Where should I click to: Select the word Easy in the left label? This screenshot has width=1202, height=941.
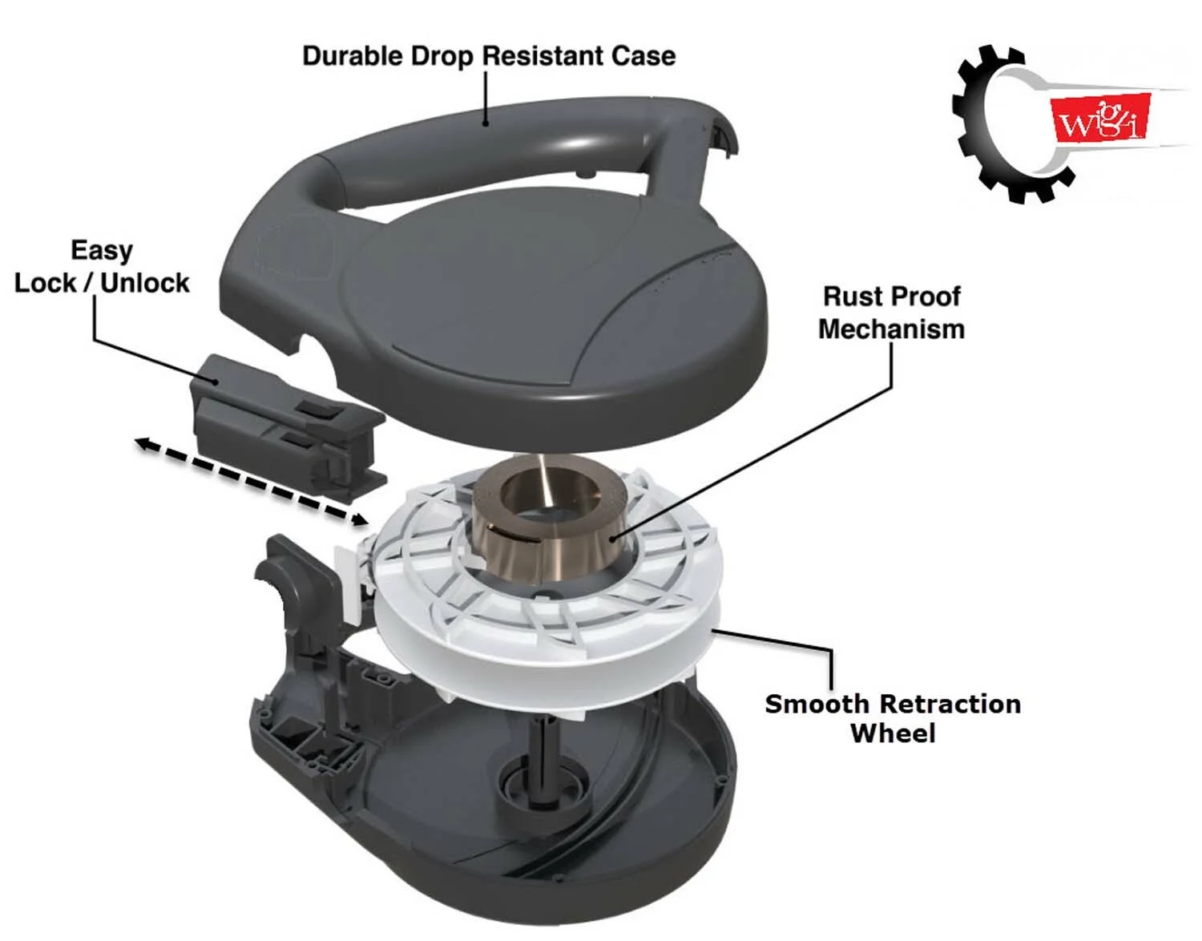pos(102,252)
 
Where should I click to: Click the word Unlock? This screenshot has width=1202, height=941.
pos(145,283)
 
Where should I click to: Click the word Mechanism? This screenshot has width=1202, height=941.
pos(892,329)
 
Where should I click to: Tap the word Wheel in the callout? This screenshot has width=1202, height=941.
pos(893,733)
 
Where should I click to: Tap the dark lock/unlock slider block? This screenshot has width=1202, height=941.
pos(287,426)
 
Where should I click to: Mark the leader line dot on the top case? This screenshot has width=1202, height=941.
pos(486,123)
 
